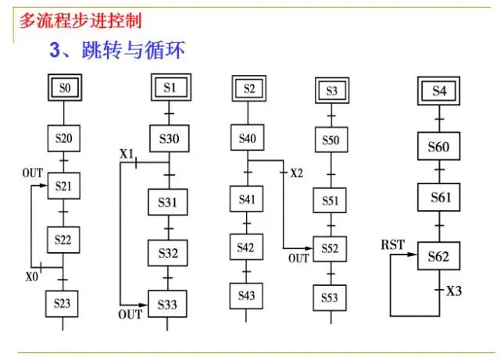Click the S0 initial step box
pos(64,89)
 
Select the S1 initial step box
pos(170,88)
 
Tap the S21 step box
pos(64,186)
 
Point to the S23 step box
pos(63,301)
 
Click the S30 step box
pos(170,139)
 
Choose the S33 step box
pos(170,304)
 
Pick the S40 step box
pos(248,139)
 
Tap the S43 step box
pos(248,295)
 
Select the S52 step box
pos(331,248)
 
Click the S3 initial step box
pos(331,91)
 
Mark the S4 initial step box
pos(439,91)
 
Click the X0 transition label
pos(31,276)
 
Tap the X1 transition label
pos(127,154)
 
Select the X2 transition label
pos(296,172)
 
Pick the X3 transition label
pos(454,290)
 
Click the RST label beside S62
pos(392,245)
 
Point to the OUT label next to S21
pos(32,173)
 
